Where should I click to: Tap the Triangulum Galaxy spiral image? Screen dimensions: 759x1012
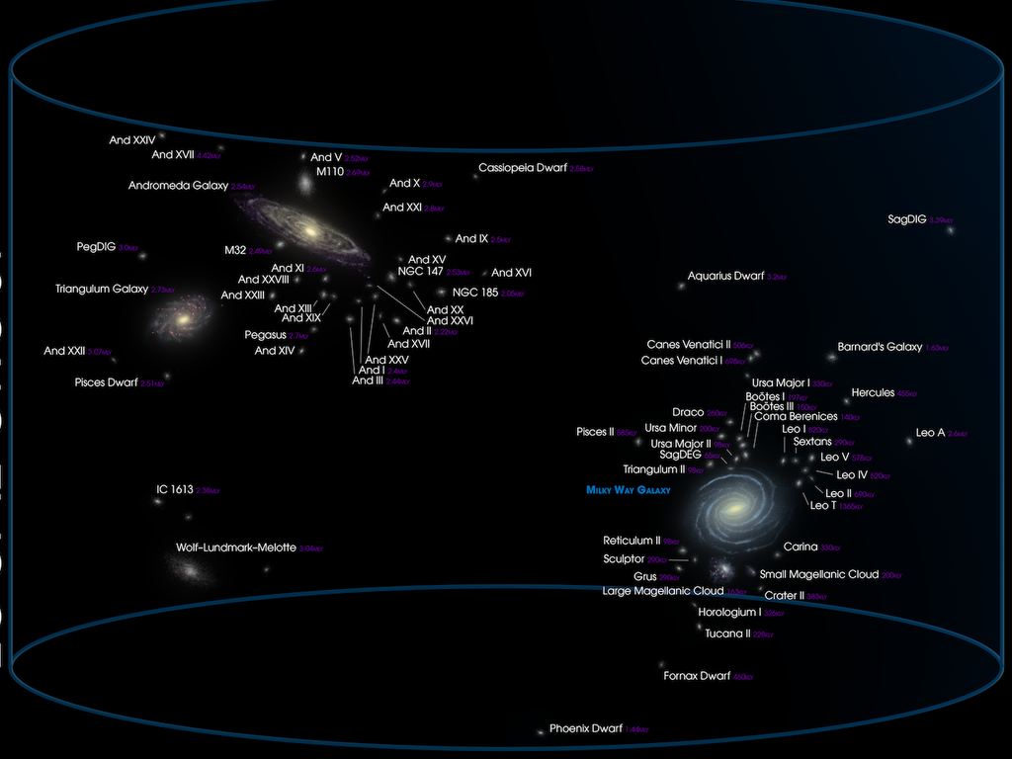[x=182, y=318]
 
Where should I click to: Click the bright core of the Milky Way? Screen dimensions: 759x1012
[x=735, y=508]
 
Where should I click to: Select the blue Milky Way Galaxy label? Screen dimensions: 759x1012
[x=628, y=490]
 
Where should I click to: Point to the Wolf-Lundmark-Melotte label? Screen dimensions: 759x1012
[x=236, y=547]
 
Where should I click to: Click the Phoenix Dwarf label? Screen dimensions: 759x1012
[x=586, y=728]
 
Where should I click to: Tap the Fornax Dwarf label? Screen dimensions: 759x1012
[x=697, y=676]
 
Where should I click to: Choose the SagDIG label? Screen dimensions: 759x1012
[x=907, y=219]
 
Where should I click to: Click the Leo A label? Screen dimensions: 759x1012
[x=930, y=433]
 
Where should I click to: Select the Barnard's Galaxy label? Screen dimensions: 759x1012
[x=880, y=347]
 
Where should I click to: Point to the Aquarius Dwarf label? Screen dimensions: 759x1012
[x=726, y=276]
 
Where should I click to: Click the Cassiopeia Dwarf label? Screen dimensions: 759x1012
[x=523, y=168]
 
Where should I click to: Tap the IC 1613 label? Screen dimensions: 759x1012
[x=175, y=489]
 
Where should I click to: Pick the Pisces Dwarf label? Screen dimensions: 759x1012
[x=106, y=382]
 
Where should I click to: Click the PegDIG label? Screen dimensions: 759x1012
[x=96, y=246]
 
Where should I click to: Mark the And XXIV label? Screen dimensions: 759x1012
[x=132, y=140]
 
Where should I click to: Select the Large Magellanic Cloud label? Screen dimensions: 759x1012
[x=663, y=591]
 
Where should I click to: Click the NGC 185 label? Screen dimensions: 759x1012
[x=475, y=293]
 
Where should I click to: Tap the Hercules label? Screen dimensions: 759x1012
[x=872, y=392]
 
